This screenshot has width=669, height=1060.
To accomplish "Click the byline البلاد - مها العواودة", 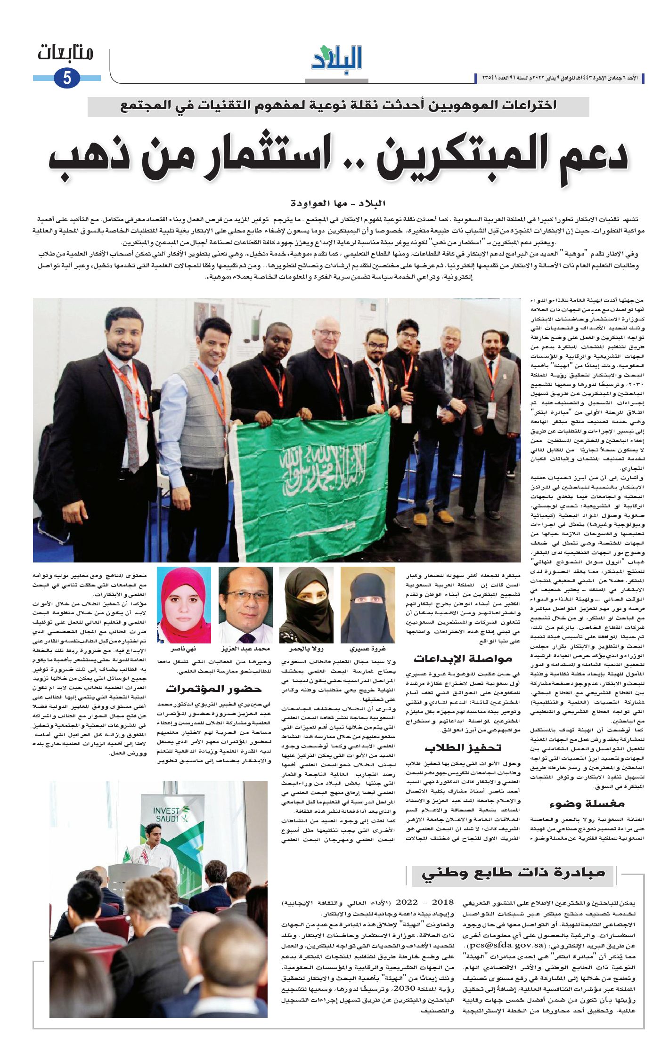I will [338, 203].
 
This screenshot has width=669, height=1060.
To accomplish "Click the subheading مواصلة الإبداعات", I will [463, 658].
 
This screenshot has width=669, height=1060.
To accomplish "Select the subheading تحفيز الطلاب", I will [463, 747].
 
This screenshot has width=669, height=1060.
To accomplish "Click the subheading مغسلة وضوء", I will [587, 803].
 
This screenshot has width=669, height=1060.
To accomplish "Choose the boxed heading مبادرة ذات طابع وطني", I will [513, 873].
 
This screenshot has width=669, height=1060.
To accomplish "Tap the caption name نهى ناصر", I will [184, 649].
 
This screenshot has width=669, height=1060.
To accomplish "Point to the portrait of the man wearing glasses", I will [245, 605].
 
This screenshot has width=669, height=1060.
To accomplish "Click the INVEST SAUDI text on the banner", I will [166, 815].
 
